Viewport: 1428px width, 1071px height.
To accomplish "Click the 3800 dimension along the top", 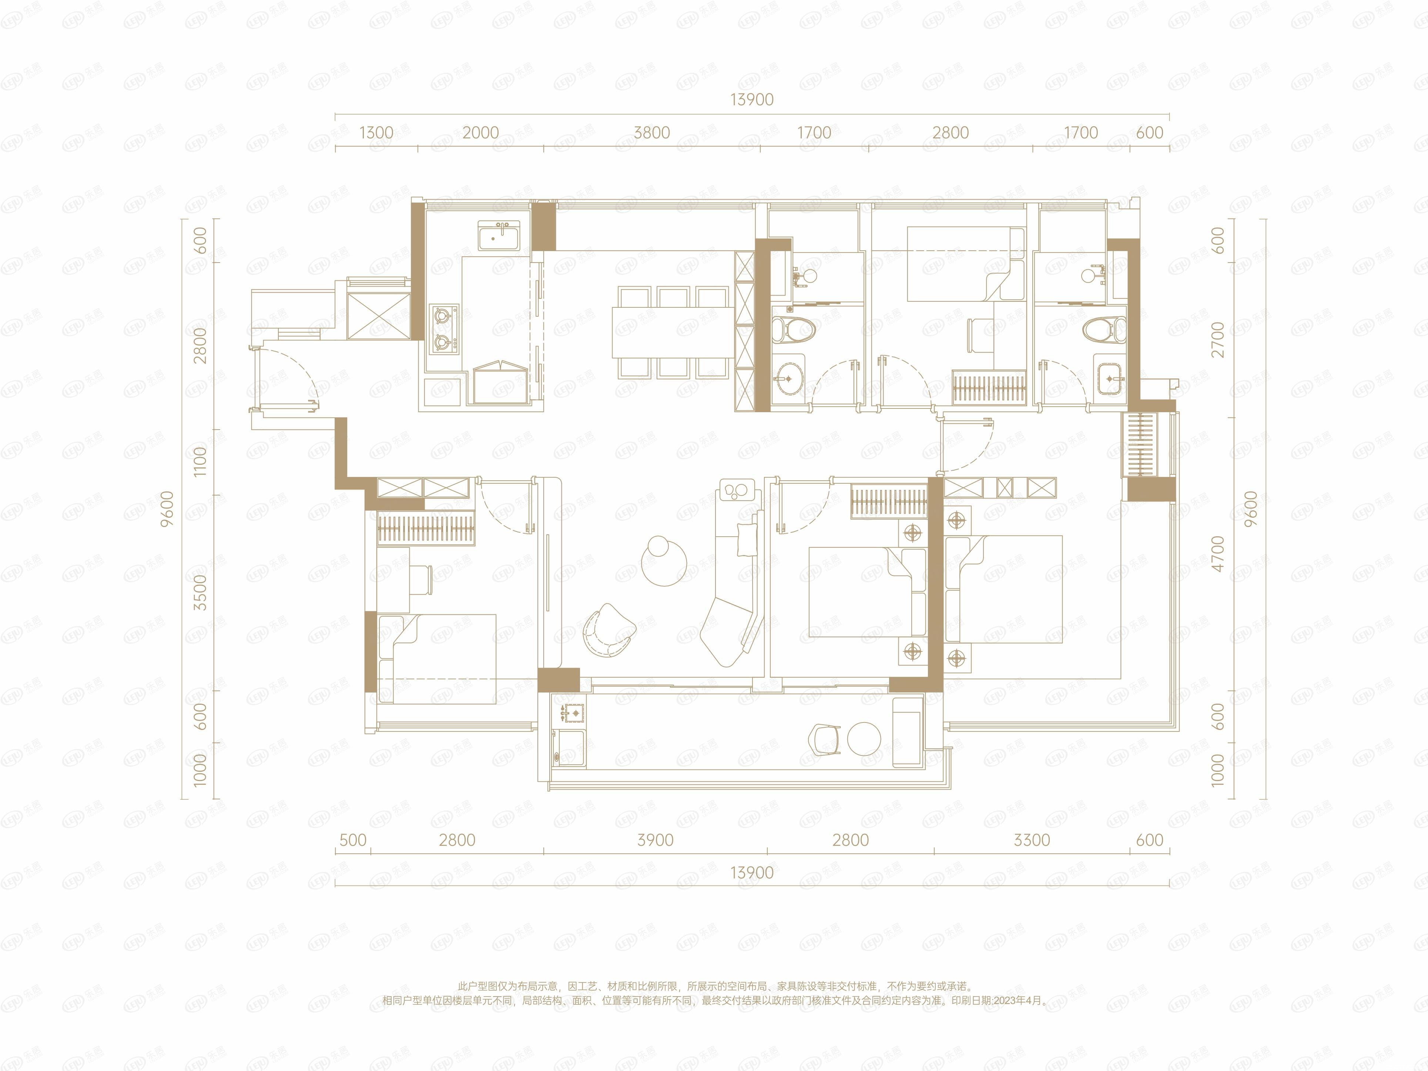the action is pos(651,133).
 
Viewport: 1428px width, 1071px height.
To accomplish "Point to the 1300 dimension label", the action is pos(376,133).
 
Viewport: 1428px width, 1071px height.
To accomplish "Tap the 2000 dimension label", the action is pos(480,133).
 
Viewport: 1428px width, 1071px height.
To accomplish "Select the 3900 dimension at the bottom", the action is pos(655,840).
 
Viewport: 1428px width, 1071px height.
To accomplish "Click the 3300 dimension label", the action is pos(1032,840).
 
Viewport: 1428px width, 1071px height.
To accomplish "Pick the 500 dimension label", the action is pos(352,840).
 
